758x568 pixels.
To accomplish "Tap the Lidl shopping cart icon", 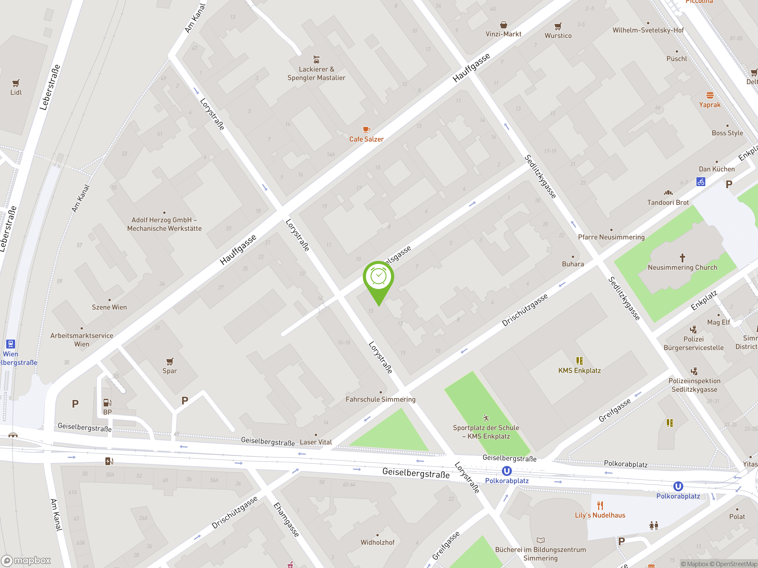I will pos(16,83).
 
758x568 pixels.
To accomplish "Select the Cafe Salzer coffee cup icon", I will pos(366,129).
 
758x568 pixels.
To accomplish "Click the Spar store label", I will pos(170,371).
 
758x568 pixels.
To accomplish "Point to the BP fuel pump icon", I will pos(107,402).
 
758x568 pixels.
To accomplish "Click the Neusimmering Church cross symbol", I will pos(682,257).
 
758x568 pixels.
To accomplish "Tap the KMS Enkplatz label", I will pos(579,370).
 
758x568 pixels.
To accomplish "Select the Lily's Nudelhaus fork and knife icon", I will pos(600,506).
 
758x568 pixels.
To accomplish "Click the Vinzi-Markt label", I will pos(503,34).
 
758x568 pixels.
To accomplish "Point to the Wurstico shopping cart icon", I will pos(558,26).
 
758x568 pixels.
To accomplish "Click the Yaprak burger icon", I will pos(710,95).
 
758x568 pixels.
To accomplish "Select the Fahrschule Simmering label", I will pos(380,399).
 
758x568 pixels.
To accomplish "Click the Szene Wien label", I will pos(109,307).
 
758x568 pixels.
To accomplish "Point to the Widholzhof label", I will pos(378,542).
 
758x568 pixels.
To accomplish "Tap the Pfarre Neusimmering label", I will pos(611,237).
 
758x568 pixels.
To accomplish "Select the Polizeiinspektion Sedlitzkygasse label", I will pos(694,385).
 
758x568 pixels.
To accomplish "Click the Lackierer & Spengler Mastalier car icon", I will pos(316,59).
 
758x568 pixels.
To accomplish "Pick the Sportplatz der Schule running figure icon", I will pos(486,418).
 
